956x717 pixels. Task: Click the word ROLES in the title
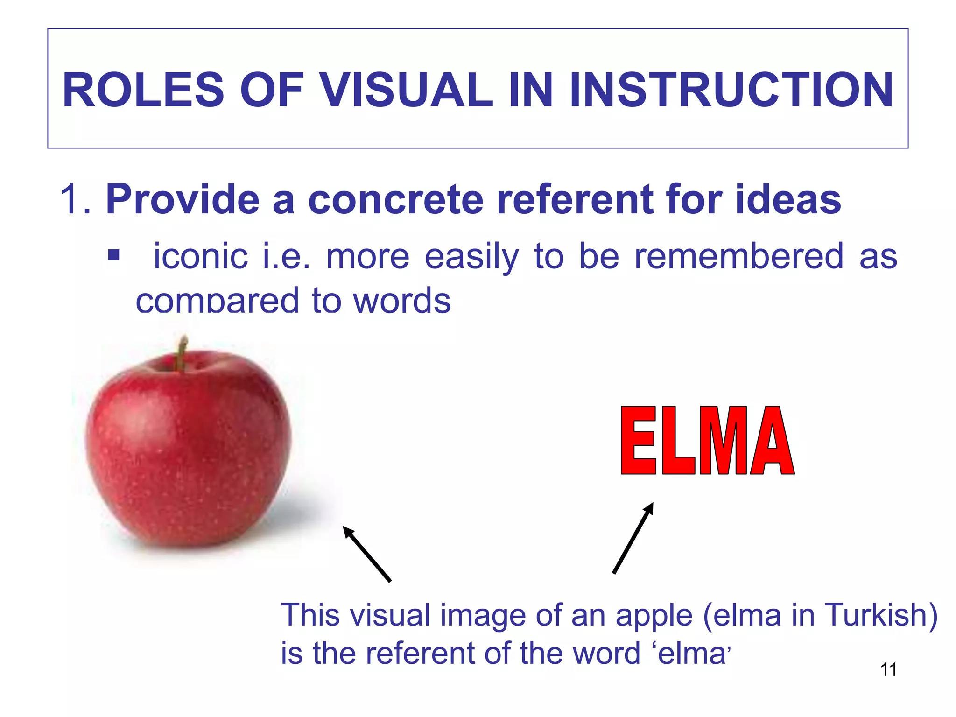(x=143, y=90)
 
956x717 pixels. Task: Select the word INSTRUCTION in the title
(x=731, y=90)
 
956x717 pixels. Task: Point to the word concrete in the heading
(x=395, y=199)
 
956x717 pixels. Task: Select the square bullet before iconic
(x=113, y=255)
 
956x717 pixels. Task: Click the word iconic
(x=201, y=256)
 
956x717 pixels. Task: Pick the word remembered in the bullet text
(x=738, y=256)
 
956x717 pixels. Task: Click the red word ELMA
(x=707, y=441)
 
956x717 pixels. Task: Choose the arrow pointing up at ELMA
(x=633, y=538)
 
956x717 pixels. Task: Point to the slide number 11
(x=888, y=670)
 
